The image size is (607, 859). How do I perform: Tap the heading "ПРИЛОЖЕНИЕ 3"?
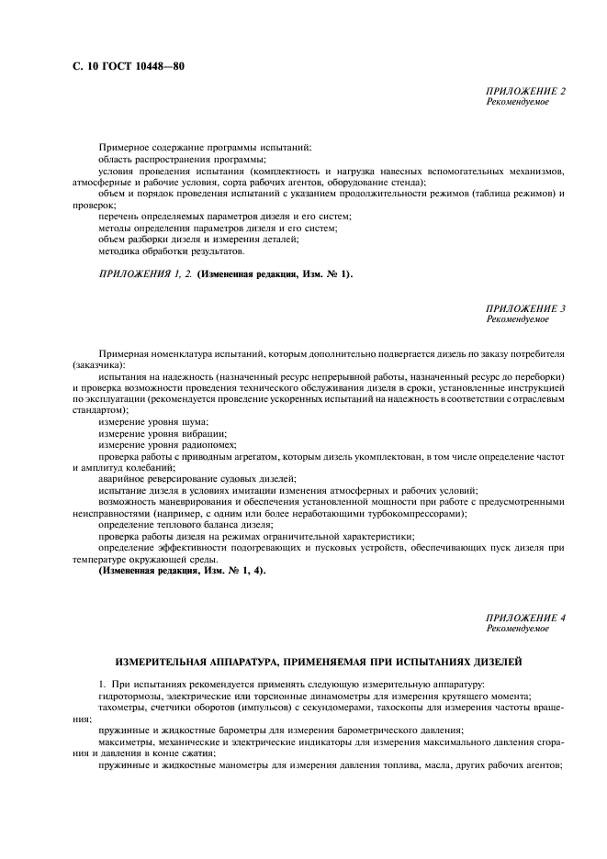pyautogui.click(x=525, y=308)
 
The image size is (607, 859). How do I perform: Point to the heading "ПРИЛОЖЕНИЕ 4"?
pyautogui.click(x=525, y=618)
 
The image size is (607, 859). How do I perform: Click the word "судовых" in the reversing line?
pyautogui.click(x=233, y=478)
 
